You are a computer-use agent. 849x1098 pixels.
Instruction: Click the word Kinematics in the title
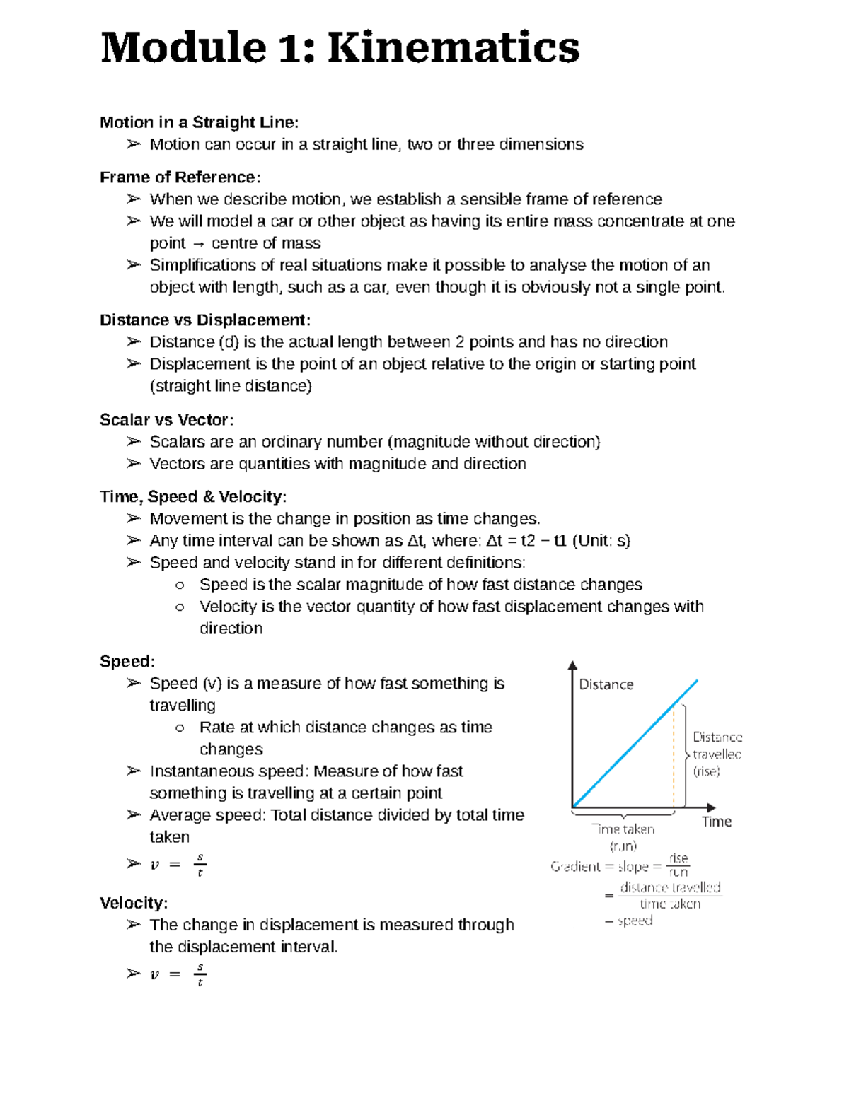click(454, 48)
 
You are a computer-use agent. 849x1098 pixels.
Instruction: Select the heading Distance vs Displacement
click(204, 320)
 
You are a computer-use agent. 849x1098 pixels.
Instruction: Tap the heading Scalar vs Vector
click(166, 420)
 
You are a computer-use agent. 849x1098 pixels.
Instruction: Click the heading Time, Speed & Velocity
click(192, 497)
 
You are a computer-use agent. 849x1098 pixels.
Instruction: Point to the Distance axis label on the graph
click(606, 684)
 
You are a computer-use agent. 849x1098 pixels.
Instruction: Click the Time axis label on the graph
click(716, 822)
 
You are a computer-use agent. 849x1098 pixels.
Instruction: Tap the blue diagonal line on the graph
click(635, 743)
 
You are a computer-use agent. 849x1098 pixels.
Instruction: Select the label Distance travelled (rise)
click(716, 754)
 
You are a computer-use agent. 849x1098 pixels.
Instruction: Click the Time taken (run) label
click(623, 837)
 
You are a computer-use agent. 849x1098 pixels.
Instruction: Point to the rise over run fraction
click(678, 865)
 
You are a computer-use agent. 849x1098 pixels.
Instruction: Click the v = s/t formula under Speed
click(177, 865)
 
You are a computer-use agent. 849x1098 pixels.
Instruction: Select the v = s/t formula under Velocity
click(177, 975)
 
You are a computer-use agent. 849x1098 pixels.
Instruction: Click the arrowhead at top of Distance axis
click(572, 665)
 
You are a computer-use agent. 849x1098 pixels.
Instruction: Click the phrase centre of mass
click(266, 243)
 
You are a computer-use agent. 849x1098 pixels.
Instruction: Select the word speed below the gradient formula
click(635, 921)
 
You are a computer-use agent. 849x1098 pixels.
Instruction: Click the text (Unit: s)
click(601, 541)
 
